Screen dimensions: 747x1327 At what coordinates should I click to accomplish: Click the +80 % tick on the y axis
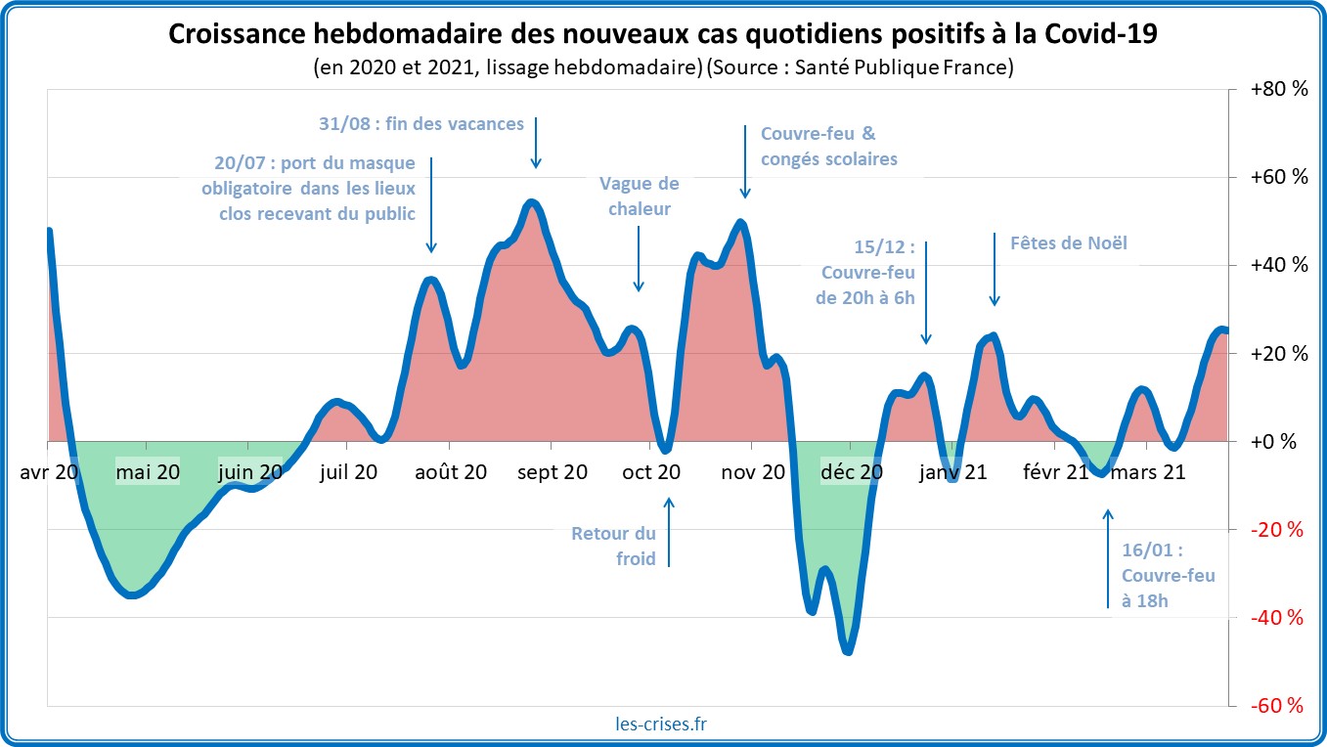click(x=1278, y=90)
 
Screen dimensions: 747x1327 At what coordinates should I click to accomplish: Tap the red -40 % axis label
click(x=1278, y=618)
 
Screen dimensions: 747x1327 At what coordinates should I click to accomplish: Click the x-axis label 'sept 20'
click(x=553, y=472)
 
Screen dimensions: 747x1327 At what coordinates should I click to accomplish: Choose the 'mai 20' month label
click(x=148, y=472)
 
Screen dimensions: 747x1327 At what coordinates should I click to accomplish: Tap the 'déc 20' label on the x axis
click(x=852, y=472)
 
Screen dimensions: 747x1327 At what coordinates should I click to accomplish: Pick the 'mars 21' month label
click(x=1150, y=472)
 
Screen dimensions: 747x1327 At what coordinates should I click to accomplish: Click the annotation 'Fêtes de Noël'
click(x=1069, y=242)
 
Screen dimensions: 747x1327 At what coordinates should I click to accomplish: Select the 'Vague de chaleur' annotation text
click(x=640, y=196)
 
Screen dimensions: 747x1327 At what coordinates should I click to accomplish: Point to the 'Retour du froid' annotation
click(x=614, y=547)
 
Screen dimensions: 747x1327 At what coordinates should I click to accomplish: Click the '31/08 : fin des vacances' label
click(x=421, y=124)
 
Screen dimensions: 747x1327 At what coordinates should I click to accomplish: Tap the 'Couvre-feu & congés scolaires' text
click(x=828, y=146)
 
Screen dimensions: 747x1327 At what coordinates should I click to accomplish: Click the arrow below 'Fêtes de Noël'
click(x=995, y=269)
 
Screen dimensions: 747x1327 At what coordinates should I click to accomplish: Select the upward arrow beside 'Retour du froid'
click(x=670, y=533)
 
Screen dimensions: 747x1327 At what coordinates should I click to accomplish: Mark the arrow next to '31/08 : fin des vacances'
click(x=536, y=142)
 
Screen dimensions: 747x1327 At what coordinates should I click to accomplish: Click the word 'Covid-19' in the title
click(x=1101, y=33)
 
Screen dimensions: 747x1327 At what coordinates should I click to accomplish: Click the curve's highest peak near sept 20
click(x=531, y=202)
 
